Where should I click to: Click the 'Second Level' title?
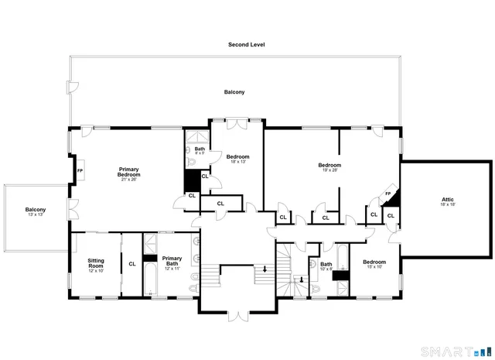(246, 45)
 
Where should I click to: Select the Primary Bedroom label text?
(128, 172)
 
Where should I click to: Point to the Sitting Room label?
(95, 264)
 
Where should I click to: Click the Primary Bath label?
(172, 261)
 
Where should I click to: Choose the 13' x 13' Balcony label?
(35, 210)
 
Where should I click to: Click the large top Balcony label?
(234, 92)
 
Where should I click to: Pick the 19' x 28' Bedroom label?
(329, 165)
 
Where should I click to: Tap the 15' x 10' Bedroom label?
(374, 262)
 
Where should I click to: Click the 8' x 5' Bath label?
(200, 149)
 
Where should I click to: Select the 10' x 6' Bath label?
(326, 265)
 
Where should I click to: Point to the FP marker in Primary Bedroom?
(80, 170)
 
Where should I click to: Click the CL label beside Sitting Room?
(132, 264)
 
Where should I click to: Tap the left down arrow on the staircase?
(265, 269)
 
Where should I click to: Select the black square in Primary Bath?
(151, 259)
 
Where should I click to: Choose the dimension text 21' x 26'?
(128, 180)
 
